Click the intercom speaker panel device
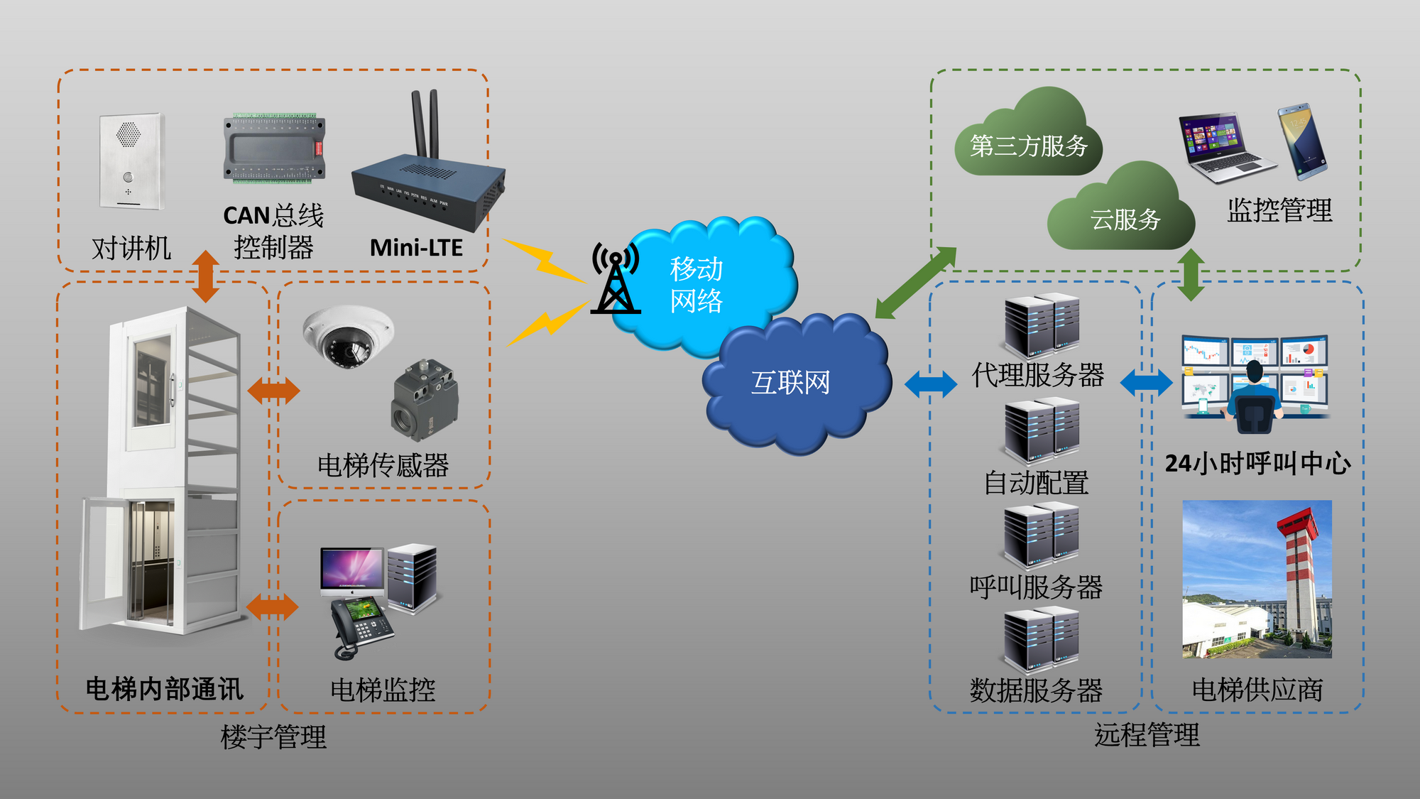pos(131,161)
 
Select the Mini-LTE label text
pos(416,248)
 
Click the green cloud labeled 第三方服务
pos(1028,142)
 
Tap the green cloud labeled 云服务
pos(1124,213)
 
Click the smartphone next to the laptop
pos(1303,141)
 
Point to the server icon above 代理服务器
pos(1042,325)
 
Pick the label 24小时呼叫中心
pos(1257,464)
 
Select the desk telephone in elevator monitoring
pos(360,626)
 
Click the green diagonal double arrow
pos(915,283)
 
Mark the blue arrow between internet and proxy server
pos(930,384)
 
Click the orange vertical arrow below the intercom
pos(206,276)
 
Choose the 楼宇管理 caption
pos(273,737)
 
